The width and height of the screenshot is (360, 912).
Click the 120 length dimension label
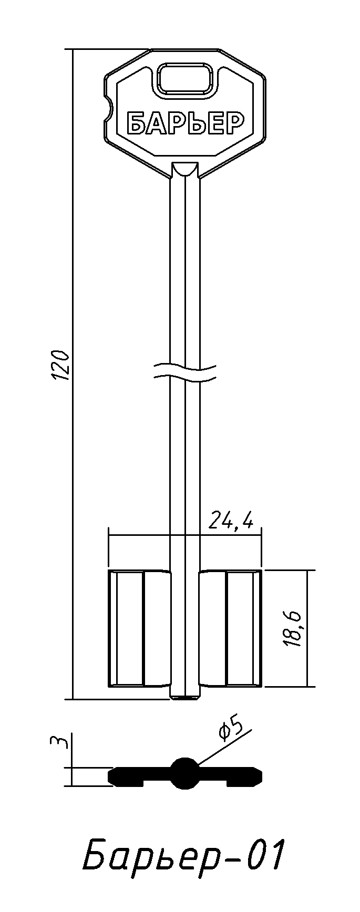tap(61, 364)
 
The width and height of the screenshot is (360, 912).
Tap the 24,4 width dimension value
tap(231, 520)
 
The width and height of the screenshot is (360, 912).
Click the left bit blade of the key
tap(139, 628)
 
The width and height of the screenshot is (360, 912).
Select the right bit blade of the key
tap(230, 628)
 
